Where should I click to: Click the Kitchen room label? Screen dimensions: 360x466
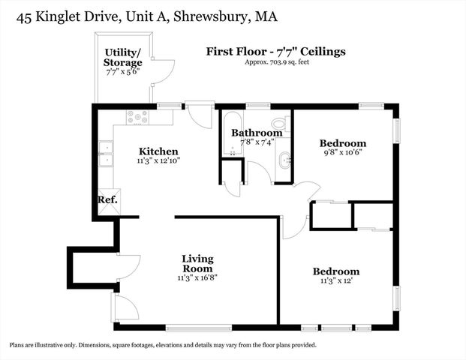coord(158,151)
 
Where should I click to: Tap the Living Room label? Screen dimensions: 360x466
coord(197,263)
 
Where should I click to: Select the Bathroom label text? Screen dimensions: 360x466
coord(257,133)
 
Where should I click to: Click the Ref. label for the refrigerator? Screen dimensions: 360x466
coord(107,200)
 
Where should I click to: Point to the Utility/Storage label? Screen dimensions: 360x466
coord(123,58)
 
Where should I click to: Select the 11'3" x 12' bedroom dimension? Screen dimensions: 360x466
coord(335,281)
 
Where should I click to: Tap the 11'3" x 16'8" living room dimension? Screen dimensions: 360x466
coord(197,278)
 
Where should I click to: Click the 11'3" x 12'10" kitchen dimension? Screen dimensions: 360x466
coord(158,160)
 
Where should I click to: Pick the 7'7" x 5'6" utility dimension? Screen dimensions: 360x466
coord(123,73)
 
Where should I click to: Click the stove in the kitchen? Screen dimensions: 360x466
coord(137,117)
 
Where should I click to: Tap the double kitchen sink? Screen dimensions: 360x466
coord(106,154)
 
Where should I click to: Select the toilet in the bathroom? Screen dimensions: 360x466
coord(279,123)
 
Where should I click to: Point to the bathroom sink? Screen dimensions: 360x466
coord(284,160)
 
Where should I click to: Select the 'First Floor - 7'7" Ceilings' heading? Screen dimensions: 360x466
coord(276,52)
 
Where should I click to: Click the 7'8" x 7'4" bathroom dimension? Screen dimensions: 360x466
coord(257,142)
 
